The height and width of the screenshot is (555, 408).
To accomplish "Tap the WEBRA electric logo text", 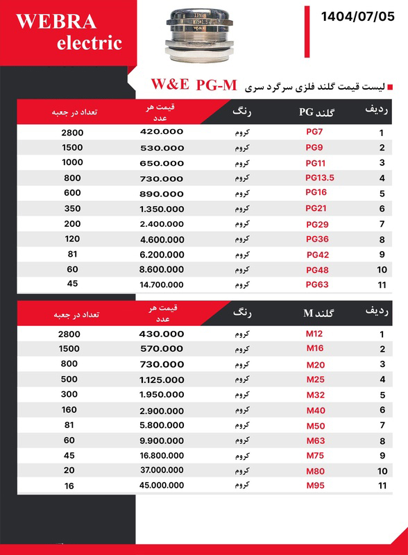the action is coord(68,32).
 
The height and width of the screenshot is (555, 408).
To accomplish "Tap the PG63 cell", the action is coord(316,284).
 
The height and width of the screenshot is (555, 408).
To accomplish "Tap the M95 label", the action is coord(316,486).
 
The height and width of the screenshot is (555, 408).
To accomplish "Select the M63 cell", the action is coord(316,440).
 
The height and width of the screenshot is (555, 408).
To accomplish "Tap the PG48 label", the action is coord(316,269).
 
